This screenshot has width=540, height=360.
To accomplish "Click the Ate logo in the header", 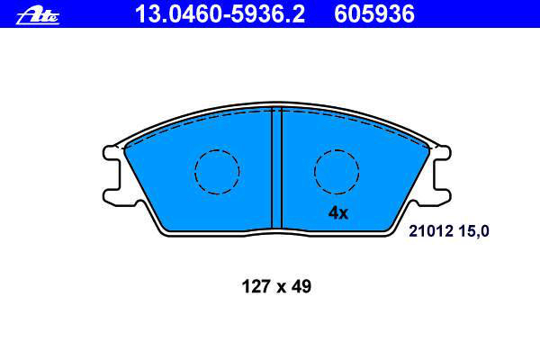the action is [38, 15].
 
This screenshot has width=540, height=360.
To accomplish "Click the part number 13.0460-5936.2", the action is [220, 14].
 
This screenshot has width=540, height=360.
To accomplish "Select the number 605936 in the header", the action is [374, 14].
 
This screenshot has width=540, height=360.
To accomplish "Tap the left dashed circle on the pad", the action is [217, 172].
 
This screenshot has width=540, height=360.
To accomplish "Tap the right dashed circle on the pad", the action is [337, 172].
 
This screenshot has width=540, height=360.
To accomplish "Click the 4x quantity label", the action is [338, 213].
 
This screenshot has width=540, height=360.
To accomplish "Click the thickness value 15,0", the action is [474, 231].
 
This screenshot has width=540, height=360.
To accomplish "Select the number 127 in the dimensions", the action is [256, 286].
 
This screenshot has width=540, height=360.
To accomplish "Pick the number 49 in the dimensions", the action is [301, 286].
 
